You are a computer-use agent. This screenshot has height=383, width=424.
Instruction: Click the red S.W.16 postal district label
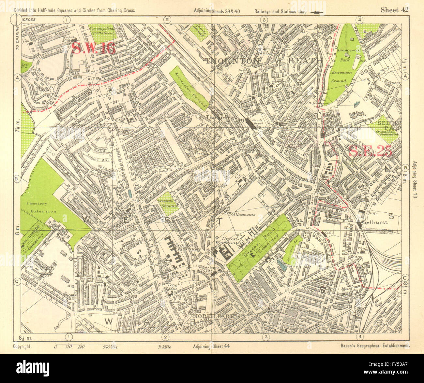tap(94, 49)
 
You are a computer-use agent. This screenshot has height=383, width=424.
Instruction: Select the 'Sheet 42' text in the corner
tap(394, 10)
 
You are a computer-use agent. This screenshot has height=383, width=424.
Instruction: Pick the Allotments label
tap(243, 215)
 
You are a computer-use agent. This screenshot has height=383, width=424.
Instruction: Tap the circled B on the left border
tap(16, 178)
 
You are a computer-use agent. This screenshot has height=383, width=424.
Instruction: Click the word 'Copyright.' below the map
tap(23, 347)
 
